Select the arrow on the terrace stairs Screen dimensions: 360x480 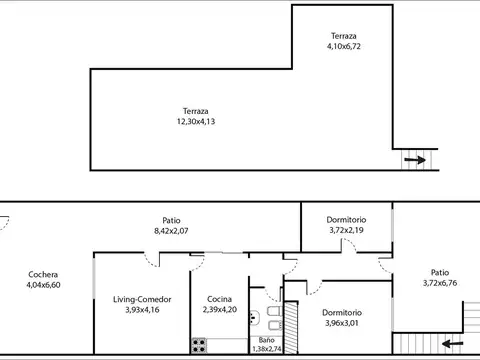(x=412, y=159)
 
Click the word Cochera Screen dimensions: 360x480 (x=42, y=274)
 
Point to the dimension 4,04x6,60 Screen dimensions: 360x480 (x=42, y=285)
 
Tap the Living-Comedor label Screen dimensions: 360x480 (x=141, y=299)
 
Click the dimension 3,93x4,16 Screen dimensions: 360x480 (x=141, y=310)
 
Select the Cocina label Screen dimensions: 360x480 (x=221, y=299)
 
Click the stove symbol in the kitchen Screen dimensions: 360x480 (x=199, y=346)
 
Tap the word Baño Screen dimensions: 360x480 (x=265, y=340)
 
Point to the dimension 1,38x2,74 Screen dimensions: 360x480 (x=265, y=349)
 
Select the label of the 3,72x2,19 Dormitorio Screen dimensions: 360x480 (x=347, y=219)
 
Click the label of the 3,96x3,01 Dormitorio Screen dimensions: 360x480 (x=342, y=312)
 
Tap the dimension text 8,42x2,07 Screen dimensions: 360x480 (x=172, y=231)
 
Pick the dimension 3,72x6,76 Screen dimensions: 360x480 (x=440, y=283)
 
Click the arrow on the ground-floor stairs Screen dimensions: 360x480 (x=451, y=343)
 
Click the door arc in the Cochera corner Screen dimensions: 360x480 (x=5, y=225)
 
